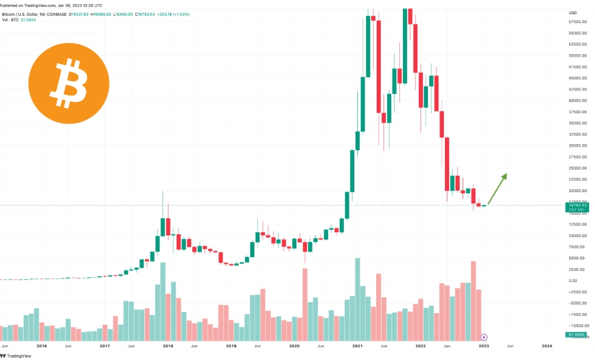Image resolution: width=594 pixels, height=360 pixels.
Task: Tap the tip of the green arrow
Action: [x=506, y=174]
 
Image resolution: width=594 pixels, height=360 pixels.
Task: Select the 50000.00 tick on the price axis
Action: [x=578, y=55]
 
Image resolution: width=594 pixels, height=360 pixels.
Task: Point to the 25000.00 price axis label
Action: [x=578, y=168]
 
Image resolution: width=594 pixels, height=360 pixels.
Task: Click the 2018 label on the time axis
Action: [x=168, y=345]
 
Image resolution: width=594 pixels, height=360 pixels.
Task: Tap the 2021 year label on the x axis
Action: [x=358, y=345]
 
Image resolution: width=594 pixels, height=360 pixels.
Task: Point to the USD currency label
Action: [x=572, y=13]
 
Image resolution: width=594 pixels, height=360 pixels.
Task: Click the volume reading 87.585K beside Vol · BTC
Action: [x=28, y=19]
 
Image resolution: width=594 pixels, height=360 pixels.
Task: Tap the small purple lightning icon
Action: [x=484, y=336]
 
